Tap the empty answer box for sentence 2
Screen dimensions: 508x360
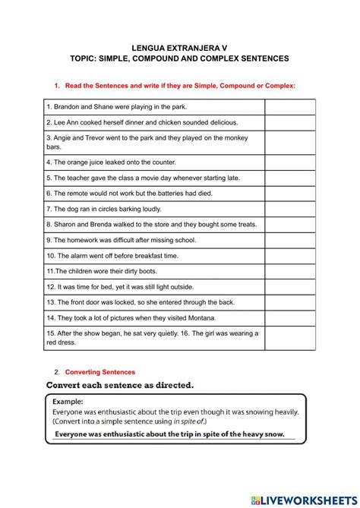point(289,122)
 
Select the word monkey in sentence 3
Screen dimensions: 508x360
point(245,137)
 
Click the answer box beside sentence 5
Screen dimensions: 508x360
point(289,178)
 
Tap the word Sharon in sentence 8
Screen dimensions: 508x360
point(65,224)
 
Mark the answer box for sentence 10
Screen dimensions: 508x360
point(289,256)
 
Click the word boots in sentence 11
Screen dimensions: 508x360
point(153,271)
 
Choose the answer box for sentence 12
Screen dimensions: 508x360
point(289,287)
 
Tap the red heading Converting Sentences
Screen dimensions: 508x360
point(100,372)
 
